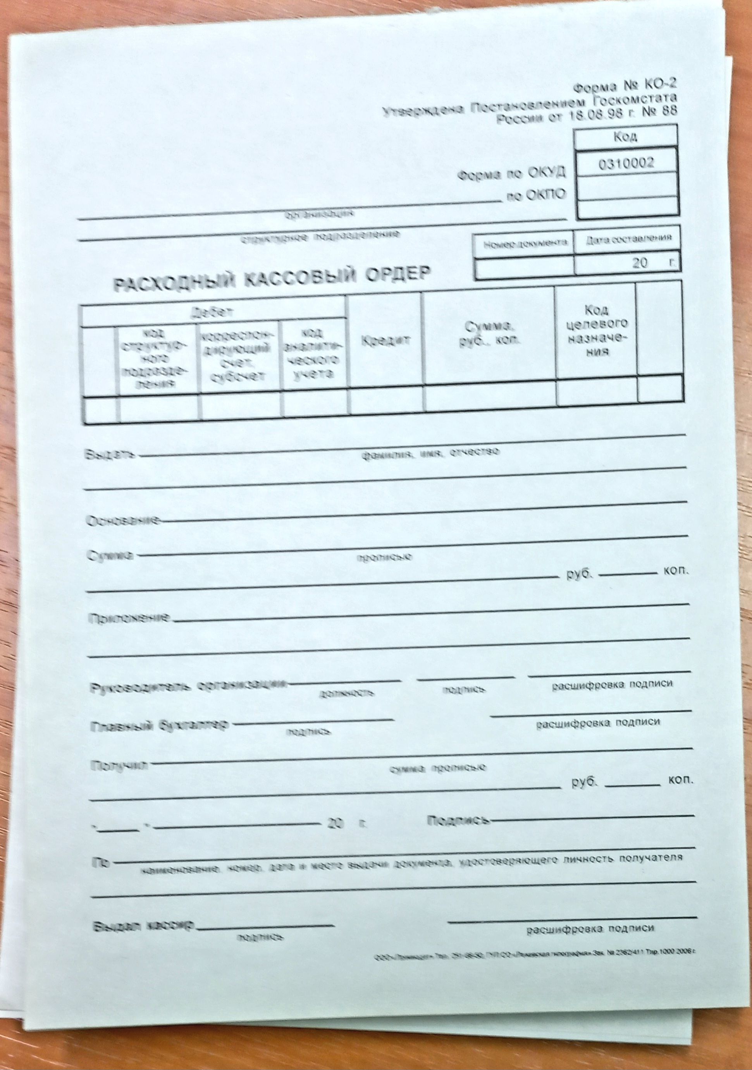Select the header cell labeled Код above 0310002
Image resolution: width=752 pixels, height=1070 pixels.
626,137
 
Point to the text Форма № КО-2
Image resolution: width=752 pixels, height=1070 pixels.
625,87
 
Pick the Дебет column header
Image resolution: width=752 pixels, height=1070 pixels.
213,313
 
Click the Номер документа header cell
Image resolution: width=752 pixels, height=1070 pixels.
523,243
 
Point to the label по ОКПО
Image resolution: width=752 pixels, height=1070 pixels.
536,196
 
